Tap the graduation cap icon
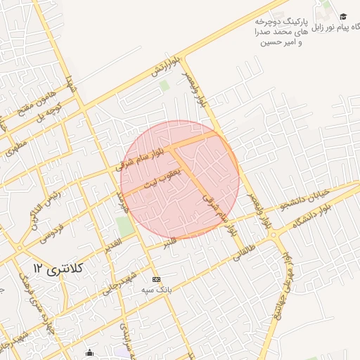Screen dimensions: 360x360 pyautogui.click(x=343, y=16)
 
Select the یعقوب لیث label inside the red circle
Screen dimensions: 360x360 pyautogui.click(x=162, y=179)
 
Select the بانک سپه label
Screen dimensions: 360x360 pyautogui.click(x=157, y=290)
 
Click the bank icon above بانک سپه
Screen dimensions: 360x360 pyautogui.click(x=156, y=279)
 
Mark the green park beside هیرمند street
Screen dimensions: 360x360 pyautogui.click(x=125, y=227)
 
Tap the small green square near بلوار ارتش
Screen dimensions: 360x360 pyautogui.click(x=165, y=86)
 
